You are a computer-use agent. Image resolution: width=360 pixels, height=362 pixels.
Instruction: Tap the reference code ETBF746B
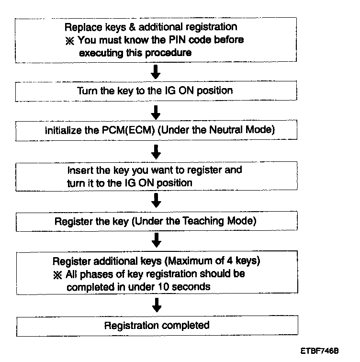point(320,351)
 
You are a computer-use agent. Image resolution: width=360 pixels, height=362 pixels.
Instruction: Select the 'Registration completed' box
point(157,326)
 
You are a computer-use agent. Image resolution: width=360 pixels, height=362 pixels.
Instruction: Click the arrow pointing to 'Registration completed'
point(156,305)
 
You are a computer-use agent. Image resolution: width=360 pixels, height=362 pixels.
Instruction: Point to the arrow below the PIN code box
point(156,73)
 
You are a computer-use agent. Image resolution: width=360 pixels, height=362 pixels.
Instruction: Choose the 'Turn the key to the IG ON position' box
point(155,91)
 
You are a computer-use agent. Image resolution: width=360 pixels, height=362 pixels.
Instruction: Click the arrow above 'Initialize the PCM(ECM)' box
point(156,112)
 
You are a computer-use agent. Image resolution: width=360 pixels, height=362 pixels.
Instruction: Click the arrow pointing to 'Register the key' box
point(156,200)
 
